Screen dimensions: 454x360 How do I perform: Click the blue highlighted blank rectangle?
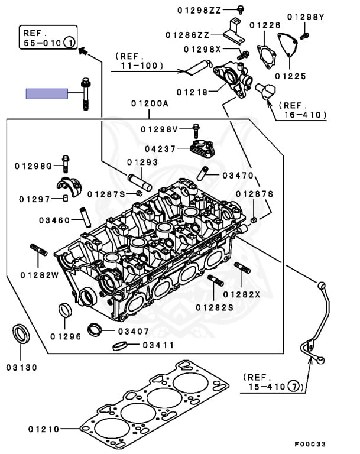click(47, 93)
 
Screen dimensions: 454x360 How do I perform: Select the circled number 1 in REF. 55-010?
click(69, 42)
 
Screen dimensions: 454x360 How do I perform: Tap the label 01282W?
click(40, 274)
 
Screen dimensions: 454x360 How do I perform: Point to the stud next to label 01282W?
click(38, 250)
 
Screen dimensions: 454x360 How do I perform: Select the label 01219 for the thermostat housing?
click(193, 92)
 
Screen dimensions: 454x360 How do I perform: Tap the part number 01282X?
click(241, 294)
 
